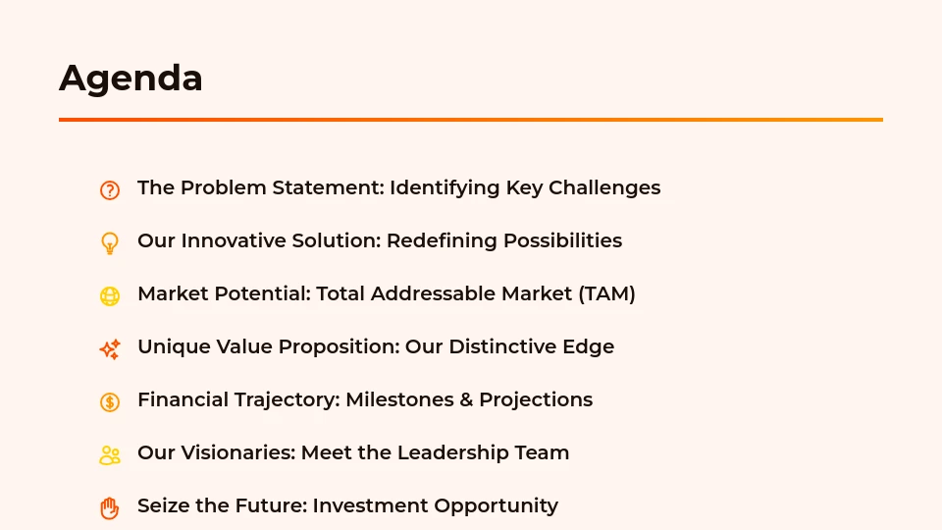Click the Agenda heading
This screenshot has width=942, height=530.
click(x=131, y=79)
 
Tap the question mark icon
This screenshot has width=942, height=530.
click(x=110, y=190)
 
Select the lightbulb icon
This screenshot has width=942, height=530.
click(x=110, y=242)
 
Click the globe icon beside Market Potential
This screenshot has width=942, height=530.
click(x=110, y=295)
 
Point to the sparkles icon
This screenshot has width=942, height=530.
click(x=110, y=348)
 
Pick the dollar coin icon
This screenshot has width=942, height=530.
click(x=110, y=401)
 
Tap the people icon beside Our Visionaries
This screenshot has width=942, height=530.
click(x=110, y=454)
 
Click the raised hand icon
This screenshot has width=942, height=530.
click(x=110, y=507)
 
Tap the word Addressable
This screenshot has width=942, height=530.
click(x=433, y=293)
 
